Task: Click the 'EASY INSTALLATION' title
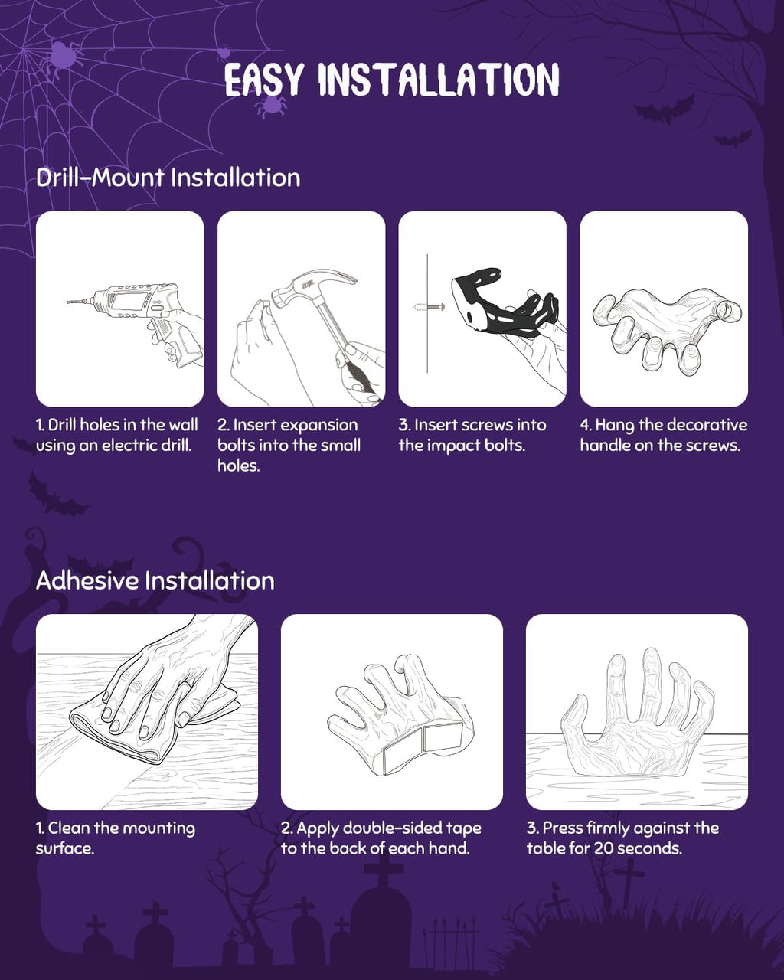[x=392, y=80]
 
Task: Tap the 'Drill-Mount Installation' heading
[x=168, y=177]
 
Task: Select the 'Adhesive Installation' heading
[x=155, y=580]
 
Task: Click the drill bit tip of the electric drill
[x=67, y=302]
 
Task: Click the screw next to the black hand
[x=430, y=306]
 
